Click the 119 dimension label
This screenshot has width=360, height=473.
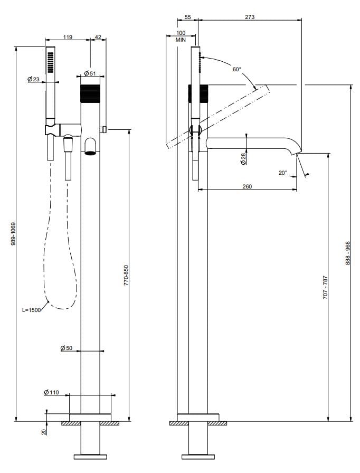[x=68, y=37]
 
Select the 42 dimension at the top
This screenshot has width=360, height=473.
[x=98, y=37]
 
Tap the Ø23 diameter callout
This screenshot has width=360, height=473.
[x=33, y=79]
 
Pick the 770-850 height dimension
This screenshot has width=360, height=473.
[x=126, y=276]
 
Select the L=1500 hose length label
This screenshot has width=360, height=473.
[x=32, y=310]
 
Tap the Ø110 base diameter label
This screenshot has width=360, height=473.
[x=52, y=392]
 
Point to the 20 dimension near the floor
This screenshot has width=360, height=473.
[x=44, y=431]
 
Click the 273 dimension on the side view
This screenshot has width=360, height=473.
[x=250, y=17]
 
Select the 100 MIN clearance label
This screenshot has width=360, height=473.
[x=181, y=36]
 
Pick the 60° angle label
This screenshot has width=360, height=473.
[x=236, y=69]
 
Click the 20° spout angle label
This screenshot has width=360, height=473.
[x=282, y=172]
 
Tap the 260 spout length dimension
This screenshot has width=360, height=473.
[x=247, y=186]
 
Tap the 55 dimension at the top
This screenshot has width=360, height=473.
[x=188, y=17]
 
